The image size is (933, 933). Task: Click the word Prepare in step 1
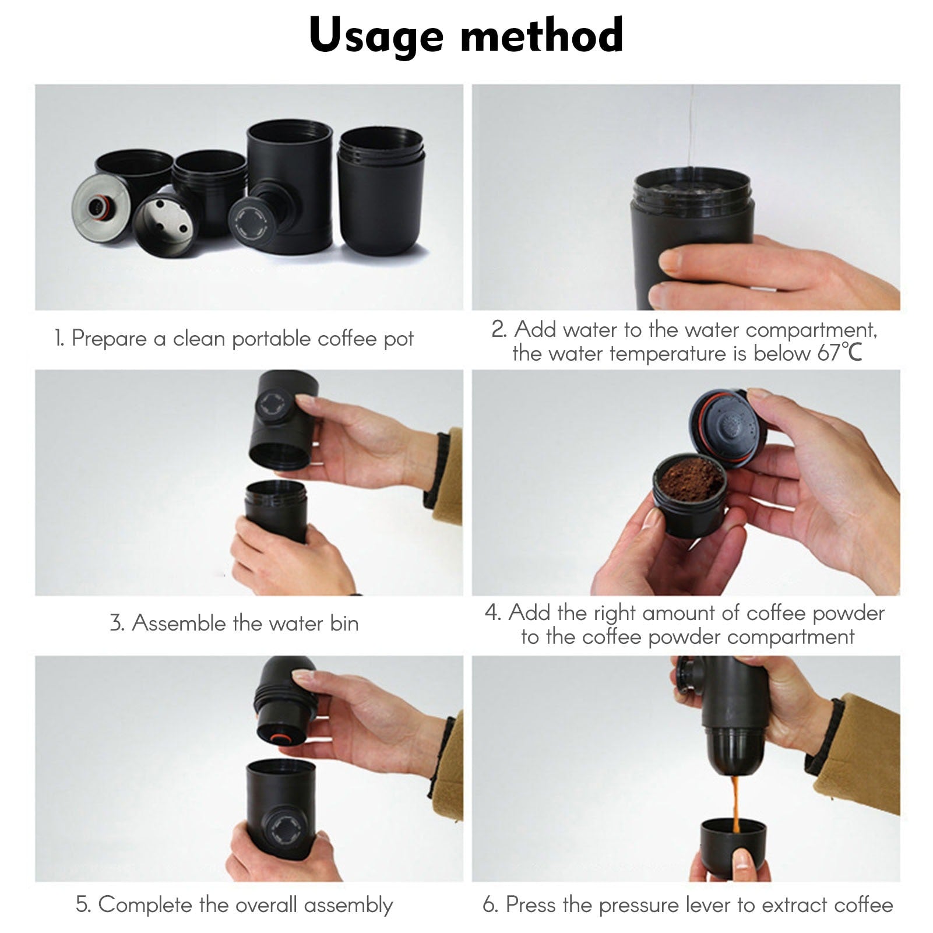pos(109,339)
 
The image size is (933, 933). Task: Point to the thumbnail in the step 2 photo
pos(670,262)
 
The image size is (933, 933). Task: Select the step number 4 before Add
pos(492,613)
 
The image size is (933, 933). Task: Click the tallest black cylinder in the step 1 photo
pos(290,186)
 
